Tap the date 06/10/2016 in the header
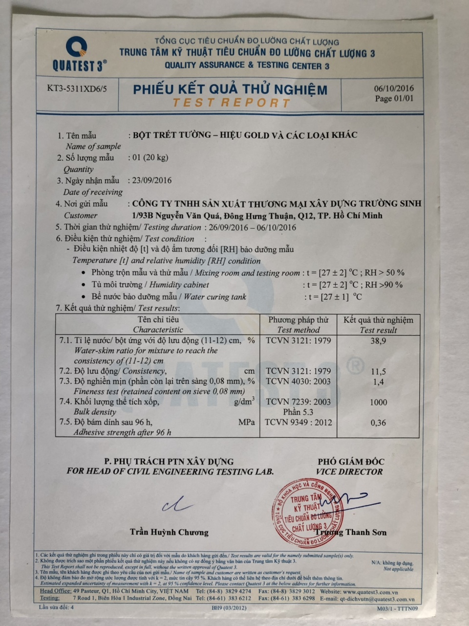click(394, 89)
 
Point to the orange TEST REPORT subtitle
click(231, 103)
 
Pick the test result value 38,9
click(378, 341)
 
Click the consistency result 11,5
click(378, 372)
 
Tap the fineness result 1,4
click(378, 382)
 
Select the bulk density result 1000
click(378, 402)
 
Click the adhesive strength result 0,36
click(378, 423)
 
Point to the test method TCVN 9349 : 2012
click(298, 423)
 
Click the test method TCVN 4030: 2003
click(298, 381)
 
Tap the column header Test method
click(298, 330)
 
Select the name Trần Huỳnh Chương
click(169, 532)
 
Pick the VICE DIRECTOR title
click(349, 472)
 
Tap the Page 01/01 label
click(394, 99)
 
